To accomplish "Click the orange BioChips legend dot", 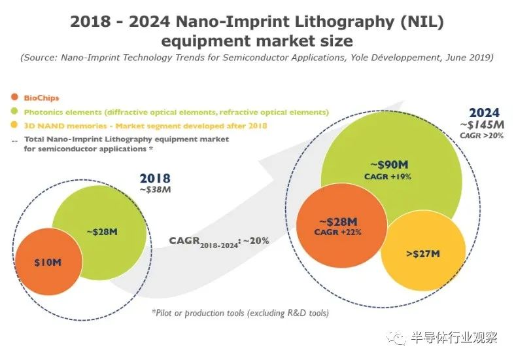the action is click(x=14, y=97).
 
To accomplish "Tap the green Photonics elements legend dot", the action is click(x=14, y=111).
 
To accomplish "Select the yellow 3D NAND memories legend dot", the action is click(x=14, y=125).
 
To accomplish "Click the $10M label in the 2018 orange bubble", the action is click(x=48, y=262).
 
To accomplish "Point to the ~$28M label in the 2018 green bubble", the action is click(x=102, y=232).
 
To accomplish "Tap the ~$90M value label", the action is click(x=389, y=165).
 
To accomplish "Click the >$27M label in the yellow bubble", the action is click(x=423, y=254).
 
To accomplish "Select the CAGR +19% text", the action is click(x=388, y=177).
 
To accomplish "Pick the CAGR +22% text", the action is click(x=337, y=232).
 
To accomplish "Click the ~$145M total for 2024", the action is click(x=482, y=125).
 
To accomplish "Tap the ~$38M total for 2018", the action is click(x=156, y=190).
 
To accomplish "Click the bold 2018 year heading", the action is click(x=155, y=179).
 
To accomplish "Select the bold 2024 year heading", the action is click(x=484, y=113).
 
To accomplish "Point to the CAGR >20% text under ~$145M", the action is click(x=481, y=135).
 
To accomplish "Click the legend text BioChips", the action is click(x=41, y=98).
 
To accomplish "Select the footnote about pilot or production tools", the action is click(x=240, y=313).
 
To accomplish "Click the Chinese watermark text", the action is click(x=454, y=337).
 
